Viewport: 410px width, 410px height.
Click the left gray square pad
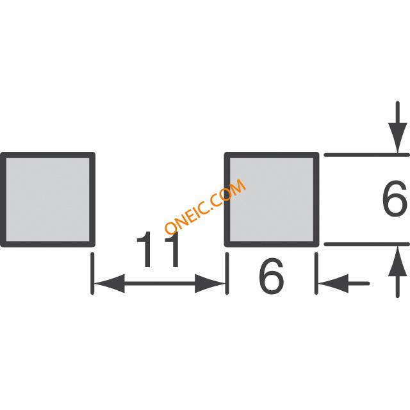coord(47,199)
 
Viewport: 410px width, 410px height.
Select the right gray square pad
coord(272,199)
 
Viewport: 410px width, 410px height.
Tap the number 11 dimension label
coord(158,249)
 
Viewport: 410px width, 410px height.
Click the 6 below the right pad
coord(271,275)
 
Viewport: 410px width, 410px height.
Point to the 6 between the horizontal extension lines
coord(395,199)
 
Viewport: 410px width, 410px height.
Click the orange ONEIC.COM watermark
coord(205,206)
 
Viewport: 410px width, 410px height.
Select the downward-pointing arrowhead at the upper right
coord(397,138)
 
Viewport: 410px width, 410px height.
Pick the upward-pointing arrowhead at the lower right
coord(397,261)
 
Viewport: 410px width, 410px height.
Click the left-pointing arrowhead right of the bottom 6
coord(333,283)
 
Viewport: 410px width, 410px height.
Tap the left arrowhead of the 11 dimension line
coord(110,283)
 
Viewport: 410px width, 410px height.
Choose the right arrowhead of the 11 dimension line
coord(210,283)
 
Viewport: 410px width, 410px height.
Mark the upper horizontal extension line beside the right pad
coord(366,155)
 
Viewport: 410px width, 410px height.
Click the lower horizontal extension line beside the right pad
coord(366,244)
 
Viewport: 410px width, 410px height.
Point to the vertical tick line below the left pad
coord(92,274)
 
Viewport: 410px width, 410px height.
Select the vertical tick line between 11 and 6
coord(227,274)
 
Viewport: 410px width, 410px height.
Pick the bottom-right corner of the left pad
coord(94,245)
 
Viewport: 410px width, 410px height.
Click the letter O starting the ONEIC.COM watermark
coord(171,227)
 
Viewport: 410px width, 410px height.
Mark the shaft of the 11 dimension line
coord(160,283)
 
